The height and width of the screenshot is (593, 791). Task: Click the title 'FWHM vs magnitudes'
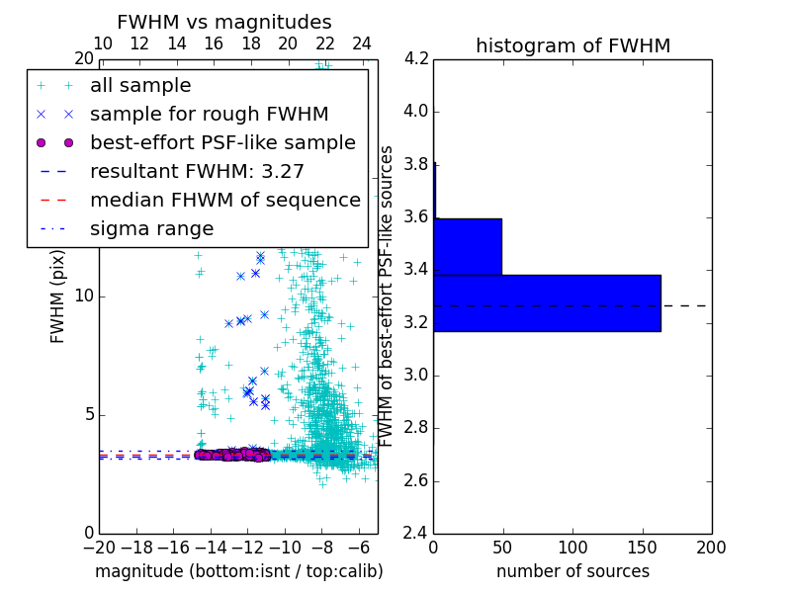click(224, 22)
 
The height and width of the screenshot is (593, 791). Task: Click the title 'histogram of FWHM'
click(572, 45)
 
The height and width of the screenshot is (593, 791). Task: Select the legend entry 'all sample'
click(140, 86)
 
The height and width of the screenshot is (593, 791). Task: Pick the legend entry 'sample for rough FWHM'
click(209, 115)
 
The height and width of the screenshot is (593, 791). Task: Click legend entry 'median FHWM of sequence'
click(224, 201)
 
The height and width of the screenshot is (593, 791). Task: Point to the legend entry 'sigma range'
click(151, 229)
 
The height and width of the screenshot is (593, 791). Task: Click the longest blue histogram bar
click(547, 303)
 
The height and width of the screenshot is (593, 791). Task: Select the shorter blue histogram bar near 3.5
click(468, 246)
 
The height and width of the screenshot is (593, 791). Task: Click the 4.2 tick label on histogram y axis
click(416, 58)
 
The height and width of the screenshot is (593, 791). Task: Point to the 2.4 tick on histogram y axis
click(416, 534)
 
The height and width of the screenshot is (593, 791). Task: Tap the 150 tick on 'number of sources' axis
click(642, 548)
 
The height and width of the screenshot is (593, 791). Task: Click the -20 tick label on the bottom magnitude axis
click(99, 548)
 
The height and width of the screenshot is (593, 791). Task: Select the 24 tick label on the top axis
click(362, 43)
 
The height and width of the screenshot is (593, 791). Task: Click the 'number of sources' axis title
click(572, 571)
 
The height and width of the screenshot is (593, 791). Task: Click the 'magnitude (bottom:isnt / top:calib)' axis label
click(238, 571)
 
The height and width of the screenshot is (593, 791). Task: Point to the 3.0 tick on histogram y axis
click(416, 376)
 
